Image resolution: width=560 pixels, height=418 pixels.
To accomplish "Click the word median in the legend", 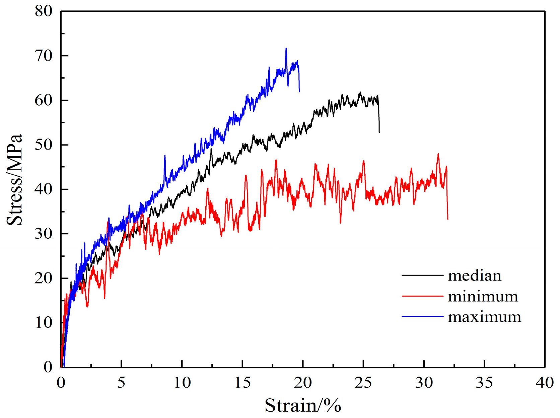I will coord(474,276).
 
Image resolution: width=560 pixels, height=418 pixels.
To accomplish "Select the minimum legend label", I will coord(483,296).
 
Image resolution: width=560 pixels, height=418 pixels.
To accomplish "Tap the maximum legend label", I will coord(484,317).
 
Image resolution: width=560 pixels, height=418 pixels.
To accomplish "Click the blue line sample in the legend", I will coord(422,316).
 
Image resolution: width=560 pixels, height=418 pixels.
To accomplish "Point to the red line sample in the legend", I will coord(422,296).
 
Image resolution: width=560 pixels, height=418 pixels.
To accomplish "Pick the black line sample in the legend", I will coord(422,276).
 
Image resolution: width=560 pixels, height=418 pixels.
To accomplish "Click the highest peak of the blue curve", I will coord(286,49).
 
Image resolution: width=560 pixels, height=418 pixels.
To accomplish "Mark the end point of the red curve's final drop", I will coord(448,219).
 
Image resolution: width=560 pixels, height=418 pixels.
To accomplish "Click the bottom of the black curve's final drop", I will coord(379,132).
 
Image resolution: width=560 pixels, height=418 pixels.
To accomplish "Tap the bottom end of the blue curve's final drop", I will coord(299,92).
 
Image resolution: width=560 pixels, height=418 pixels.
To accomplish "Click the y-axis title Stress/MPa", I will coord(14,180).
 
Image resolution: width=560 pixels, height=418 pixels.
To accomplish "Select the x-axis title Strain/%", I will coord(303,406).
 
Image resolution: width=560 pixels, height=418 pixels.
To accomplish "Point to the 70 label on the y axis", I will coord(44,56).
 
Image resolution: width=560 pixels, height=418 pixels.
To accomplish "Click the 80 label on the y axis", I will coord(44,11).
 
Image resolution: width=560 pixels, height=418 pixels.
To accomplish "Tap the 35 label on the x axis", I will coord(484,382).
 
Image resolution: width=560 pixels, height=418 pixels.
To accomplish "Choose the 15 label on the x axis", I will coord(242,382).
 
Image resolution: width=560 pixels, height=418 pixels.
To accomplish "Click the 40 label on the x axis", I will coord(545,382).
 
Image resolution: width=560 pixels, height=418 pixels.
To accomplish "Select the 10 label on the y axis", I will coord(44,323).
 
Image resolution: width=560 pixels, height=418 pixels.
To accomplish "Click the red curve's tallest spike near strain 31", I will coord(438,154).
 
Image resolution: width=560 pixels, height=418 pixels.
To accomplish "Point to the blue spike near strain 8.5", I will coord(165,156).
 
